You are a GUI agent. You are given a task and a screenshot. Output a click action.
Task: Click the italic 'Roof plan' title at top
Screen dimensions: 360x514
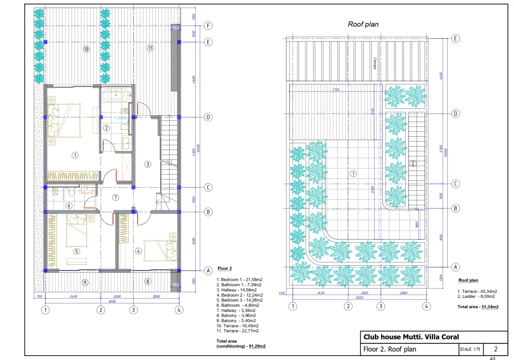point(363,24)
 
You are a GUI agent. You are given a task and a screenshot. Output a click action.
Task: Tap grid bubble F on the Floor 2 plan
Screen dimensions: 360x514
point(208,26)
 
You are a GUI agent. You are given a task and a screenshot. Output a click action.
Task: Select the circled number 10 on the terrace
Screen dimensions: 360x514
point(86,49)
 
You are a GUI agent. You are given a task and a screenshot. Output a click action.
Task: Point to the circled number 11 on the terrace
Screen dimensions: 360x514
point(150,48)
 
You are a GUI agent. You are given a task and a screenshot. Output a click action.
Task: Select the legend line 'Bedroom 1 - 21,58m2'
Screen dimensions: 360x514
point(239,279)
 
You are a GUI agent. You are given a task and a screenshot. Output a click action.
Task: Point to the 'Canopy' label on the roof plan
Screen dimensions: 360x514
point(374,63)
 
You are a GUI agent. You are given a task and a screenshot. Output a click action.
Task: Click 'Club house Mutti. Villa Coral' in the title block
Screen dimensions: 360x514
point(411,337)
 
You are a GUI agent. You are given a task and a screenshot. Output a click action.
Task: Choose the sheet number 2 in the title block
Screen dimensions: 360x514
point(496,349)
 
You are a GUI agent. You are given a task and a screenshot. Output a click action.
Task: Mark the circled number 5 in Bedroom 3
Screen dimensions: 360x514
point(77,251)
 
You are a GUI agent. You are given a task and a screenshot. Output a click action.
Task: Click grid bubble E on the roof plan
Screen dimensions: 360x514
point(456,38)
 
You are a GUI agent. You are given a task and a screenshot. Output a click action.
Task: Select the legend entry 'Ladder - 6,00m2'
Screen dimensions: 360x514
point(476,296)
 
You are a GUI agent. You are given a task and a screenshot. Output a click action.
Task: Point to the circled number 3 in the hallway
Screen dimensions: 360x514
point(147,164)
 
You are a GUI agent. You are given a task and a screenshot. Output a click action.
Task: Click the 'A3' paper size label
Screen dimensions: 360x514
point(492,358)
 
